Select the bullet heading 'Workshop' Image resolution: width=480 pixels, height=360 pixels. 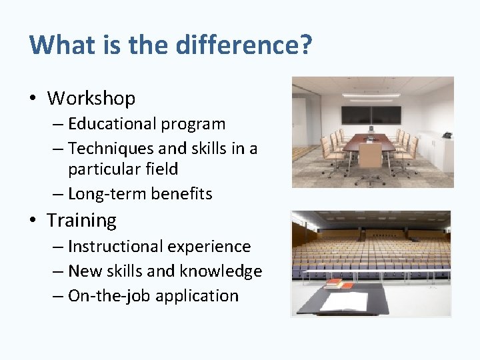tap(91, 99)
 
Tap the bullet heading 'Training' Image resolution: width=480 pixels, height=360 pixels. tap(81, 220)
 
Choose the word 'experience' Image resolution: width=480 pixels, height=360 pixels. tap(209, 246)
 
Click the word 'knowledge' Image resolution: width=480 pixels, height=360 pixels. tap(225, 271)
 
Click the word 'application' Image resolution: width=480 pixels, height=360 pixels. tap(197, 296)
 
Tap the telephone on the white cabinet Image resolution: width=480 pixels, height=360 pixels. tap(446, 135)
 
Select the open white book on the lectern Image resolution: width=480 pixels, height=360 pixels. tap(345, 302)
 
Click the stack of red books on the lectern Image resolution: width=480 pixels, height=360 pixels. tap(339, 285)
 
